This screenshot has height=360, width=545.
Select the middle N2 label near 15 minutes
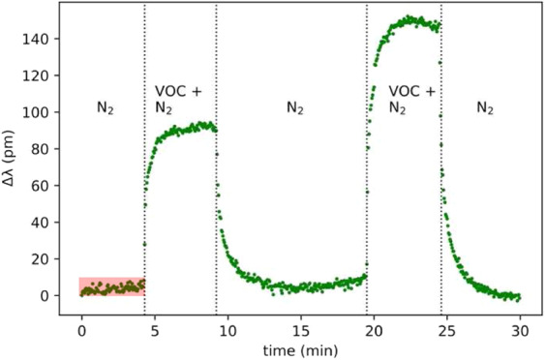click(296, 108)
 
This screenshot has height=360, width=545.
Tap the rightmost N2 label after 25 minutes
click(486, 108)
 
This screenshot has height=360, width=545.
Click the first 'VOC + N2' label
click(178, 100)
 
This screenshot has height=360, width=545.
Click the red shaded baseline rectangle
click(111, 285)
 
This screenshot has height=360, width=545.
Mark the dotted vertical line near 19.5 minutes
click(367, 194)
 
